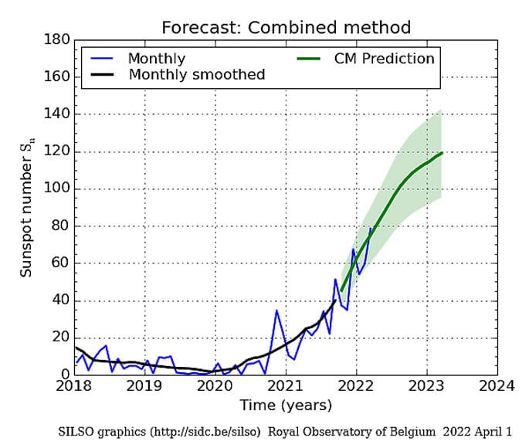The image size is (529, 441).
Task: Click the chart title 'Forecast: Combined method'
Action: pyautogui.click(x=286, y=28)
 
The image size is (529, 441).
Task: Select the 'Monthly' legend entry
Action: pyautogui.click(x=156, y=59)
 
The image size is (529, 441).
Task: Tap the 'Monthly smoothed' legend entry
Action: pyautogui.click(x=196, y=75)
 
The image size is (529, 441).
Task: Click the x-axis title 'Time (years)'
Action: pyautogui.click(x=286, y=405)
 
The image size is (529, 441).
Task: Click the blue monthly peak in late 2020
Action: pyautogui.click(x=276, y=310)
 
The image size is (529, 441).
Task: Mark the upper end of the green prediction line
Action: pyautogui.click(x=442, y=153)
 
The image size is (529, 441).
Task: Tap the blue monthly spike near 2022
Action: pyautogui.click(x=353, y=249)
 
